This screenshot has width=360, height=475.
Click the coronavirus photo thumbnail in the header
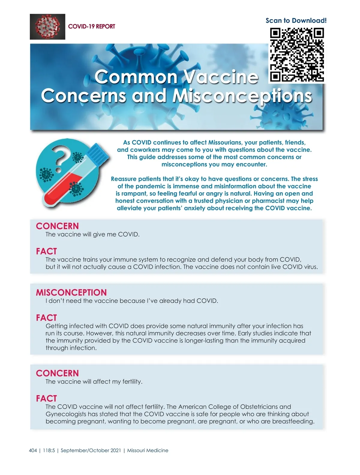[47, 27]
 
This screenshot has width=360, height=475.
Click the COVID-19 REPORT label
[91, 26]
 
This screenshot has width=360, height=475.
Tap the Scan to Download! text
[296, 20]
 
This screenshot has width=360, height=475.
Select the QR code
[297, 55]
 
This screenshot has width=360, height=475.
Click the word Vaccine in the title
[220, 77]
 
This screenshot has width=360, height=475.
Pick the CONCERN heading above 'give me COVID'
[57, 226]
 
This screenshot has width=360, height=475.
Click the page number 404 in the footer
[33, 450]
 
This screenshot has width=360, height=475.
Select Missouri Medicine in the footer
[148, 450]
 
